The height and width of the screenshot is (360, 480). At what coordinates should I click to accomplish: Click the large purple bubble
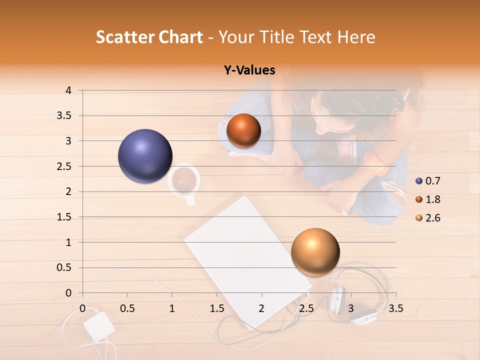tap(145, 156)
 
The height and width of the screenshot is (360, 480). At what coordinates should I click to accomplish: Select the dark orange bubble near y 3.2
tap(243, 131)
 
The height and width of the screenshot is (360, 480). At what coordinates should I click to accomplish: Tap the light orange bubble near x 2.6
tap(315, 252)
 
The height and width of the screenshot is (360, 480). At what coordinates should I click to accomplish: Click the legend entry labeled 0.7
tap(432, 181)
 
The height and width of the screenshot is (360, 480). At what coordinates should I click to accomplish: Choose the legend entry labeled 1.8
tap(432, 199)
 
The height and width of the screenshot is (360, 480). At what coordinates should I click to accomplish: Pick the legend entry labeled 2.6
tap(432, 218)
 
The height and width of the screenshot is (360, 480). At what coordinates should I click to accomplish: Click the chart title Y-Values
tap(249, 70)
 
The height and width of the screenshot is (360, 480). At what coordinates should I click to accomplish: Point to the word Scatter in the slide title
tap(125, 37)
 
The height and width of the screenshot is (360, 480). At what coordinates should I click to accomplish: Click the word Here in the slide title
tap(356, 37)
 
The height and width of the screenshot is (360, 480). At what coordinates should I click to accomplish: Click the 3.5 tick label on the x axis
tap(395, 308)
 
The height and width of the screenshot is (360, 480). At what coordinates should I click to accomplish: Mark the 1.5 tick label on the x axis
tap(216, 308)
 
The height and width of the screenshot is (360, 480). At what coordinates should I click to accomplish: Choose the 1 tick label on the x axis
tap(172, 308)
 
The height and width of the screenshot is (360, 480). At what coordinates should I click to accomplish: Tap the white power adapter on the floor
tap(98, 326)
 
